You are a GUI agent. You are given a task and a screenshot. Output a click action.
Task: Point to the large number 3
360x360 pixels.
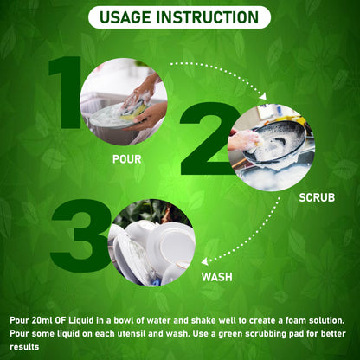click(80, 235)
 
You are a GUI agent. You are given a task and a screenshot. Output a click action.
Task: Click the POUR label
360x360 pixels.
click(126, 159)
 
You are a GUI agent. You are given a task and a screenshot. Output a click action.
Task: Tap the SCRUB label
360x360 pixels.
click(317, 197)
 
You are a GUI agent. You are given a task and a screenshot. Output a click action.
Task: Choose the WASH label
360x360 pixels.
click(217, 277)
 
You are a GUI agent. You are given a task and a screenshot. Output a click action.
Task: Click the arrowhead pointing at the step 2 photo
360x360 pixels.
click(263, 96)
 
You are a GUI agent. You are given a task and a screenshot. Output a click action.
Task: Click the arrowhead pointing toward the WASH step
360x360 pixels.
click(204, 261)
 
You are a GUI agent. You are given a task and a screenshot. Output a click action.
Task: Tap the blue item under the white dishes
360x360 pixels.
click(156, 282)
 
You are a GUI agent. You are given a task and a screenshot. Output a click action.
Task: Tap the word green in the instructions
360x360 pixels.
click(230, 334)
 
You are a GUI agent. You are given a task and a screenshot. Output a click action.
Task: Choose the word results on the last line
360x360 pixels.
click(24, 347)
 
